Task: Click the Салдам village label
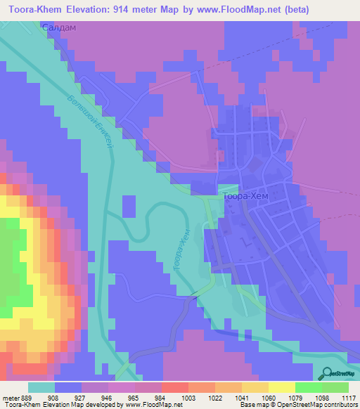(x=58, y=27)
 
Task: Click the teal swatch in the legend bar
(x=41, y=387)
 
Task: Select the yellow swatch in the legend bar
(x=282, y=387)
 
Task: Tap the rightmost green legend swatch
(x=335, y=387)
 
